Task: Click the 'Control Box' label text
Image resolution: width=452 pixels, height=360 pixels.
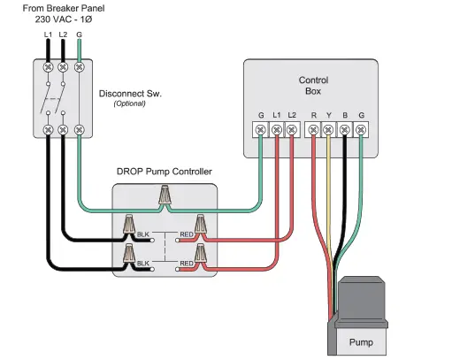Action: click(313, 85)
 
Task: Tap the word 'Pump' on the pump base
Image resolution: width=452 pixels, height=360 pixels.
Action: click(360, 340)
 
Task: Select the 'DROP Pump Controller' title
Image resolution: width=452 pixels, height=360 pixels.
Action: click(164, 171)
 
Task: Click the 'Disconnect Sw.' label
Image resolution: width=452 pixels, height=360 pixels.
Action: click(129, 94)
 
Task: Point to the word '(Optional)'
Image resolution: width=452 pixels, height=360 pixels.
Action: click(129, 104)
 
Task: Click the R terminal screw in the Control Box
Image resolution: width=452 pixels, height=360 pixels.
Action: click(313, 131)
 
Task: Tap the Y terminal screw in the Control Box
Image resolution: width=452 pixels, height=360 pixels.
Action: click(328, 131)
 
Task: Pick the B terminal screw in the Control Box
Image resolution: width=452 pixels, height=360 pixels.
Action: click(344, 131)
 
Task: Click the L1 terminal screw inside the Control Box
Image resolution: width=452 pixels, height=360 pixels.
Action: click(277, 131)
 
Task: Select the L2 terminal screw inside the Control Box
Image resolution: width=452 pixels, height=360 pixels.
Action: click(292, 131)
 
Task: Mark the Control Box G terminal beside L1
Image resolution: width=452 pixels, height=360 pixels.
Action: click(261, 131)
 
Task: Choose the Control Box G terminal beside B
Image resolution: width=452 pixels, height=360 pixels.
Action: click(360, 131)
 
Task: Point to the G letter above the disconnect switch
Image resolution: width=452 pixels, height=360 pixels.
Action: click(80, 34)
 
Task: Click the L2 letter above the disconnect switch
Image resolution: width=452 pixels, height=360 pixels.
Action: click(64, 34)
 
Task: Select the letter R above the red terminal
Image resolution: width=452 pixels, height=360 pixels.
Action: click(313, 115)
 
